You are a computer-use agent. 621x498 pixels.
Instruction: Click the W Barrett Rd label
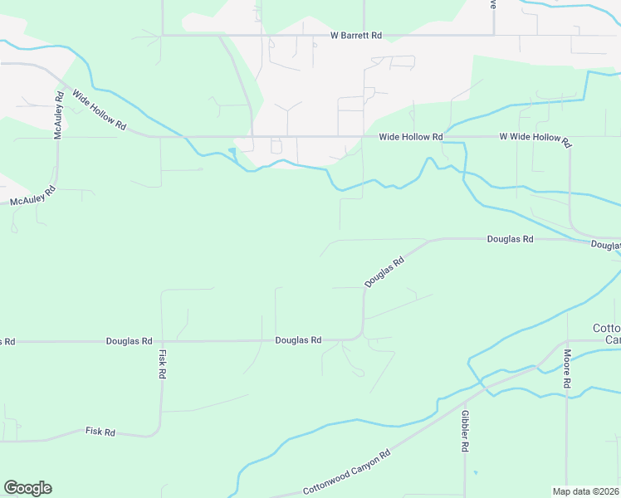coord(355,36)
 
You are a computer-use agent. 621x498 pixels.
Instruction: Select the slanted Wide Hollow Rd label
coord(99,110)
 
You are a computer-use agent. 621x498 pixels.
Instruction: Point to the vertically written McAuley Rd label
coord(59,120)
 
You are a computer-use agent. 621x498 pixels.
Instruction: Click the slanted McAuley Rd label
coord(32,196)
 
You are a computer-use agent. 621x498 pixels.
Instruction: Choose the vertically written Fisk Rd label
coord(162,364)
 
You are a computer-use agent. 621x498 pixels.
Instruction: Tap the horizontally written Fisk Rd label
coord(100,432)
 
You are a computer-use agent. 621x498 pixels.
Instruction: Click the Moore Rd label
coord(567,369)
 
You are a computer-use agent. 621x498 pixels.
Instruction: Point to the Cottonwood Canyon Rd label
coord(346,473)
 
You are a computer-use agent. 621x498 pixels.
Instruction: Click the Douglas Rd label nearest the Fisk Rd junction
coord(129,341)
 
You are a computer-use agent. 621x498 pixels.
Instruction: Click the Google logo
coord(27,488)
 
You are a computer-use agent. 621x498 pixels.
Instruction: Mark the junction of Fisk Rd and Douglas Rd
coord(162,341)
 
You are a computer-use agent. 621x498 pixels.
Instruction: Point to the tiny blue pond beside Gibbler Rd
coord(475,472)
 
